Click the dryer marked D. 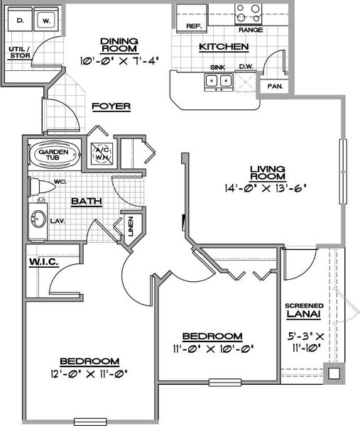click(21, 19)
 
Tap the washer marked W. click(46, 19)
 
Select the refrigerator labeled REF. click(192, 18)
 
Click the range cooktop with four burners click(249, 14)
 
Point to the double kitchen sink click(219, 81)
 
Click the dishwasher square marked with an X click(246, 81)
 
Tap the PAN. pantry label click(276, 87)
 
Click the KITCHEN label click(224, 47)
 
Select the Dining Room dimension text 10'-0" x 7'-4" click(119, 60)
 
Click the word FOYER click(111, 106)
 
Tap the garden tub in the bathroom click(54, 154)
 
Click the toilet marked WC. click(42, 187)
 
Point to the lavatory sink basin click(38, 219)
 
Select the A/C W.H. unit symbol click(102, 154)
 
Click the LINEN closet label click(131, 226)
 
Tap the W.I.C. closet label click(44, 262)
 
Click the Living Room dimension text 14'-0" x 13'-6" click(266, 188)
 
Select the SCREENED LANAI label click(304, 310)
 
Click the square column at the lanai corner click(334, 373)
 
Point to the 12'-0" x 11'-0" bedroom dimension click(89, 374)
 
